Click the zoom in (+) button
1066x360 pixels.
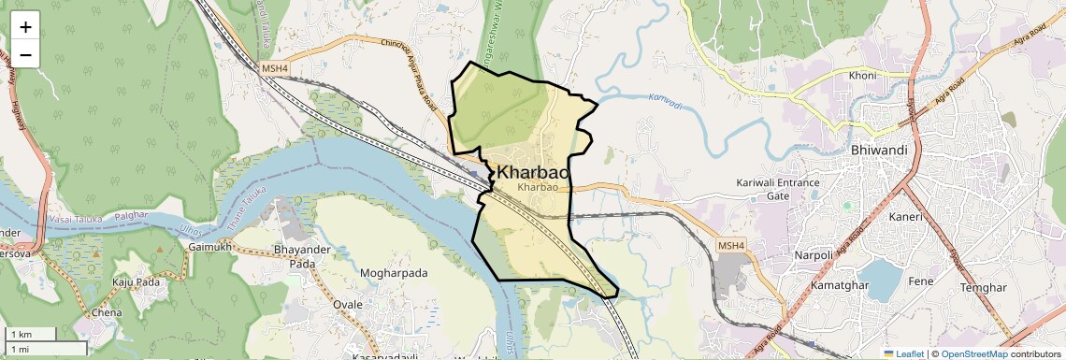tap(25, 27)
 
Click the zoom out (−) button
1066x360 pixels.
tap(25, 55)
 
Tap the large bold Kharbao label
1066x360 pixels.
tap(533, 172)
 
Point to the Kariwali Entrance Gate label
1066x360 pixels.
tap(778, 189)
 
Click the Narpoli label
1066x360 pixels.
tap(786, 254)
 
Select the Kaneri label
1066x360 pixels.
tap(906, 217)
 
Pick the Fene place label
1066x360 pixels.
tap(921, 281)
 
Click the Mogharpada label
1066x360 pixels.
tap(394, 273)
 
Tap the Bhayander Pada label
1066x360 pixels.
tap(301, 257)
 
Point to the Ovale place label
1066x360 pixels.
tap(347, 305)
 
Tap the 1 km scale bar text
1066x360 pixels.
tap(21, 334)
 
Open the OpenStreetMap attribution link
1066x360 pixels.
tap(973, 353)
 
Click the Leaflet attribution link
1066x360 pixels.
tap(902, 353)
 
